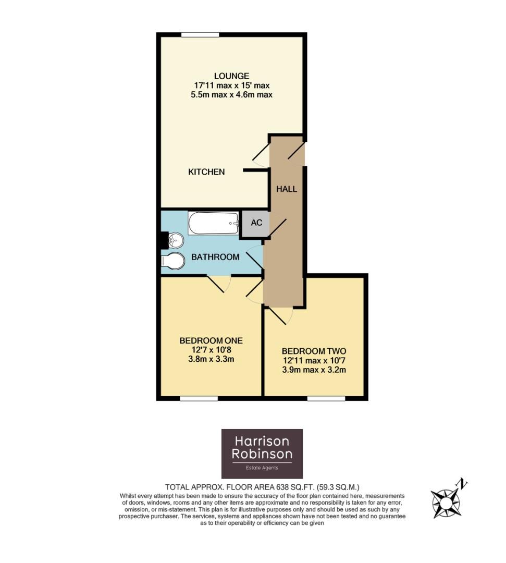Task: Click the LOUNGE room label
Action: (231, 76)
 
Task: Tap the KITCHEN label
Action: (206, 172)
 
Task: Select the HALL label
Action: (287, 189)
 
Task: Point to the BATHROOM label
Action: (215, 257)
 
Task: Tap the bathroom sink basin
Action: (175, 240)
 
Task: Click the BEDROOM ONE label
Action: (211, 340)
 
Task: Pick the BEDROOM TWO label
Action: (314, 351)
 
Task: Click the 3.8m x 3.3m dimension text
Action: (211, 360)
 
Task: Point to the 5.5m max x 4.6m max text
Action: (231, 95)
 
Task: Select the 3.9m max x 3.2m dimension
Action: (314, 370)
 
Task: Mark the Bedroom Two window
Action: (326, 398)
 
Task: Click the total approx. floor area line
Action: (262, 485)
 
